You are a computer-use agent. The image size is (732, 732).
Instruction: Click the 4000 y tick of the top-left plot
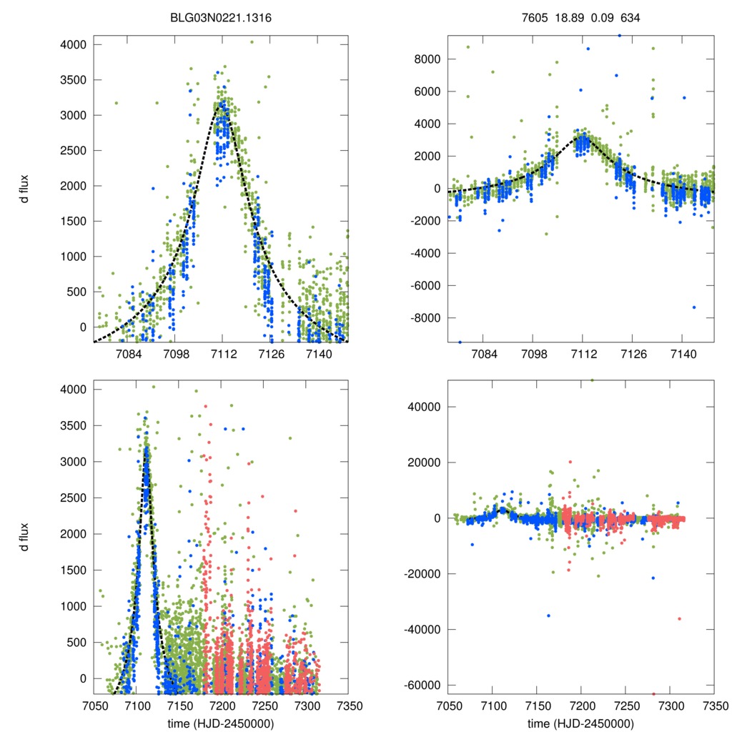(x=74, y=44)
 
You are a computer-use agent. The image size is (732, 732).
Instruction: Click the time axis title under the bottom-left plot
(x=221, y=723)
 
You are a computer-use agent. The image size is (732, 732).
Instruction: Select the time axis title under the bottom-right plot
(x=580, y=723)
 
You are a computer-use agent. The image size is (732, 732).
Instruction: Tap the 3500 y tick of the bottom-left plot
(x=74, y=425)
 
